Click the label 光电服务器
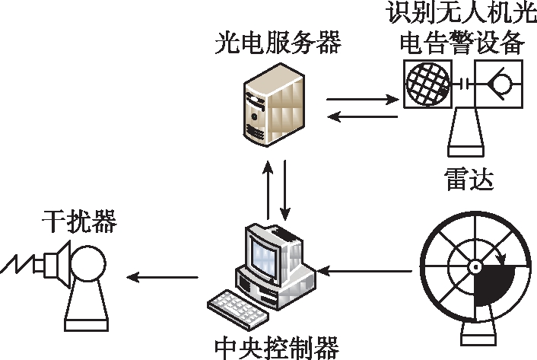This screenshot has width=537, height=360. point(278,43)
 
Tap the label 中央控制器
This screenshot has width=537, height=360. point(277,348)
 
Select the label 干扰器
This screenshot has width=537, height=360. point(79,221)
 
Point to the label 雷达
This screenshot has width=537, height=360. point(469,179)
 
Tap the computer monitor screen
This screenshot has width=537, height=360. point(264,257)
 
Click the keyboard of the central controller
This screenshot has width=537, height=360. point(238,309)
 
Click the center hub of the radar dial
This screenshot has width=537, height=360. point(475,266)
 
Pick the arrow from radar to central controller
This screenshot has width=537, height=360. point(365,271)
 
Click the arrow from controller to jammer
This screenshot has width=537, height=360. point(162,277)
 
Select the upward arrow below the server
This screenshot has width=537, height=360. point(268,189)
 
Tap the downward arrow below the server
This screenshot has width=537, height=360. point(285,190)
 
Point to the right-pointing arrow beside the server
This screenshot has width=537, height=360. point(363,100)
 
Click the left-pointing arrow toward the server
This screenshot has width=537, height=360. point(363,116)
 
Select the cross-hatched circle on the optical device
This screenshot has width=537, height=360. point(427,83)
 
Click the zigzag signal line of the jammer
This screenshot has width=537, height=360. point(17,264)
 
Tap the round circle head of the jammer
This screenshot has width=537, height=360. point(88,264)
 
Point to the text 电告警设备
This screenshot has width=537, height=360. point(462,43)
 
